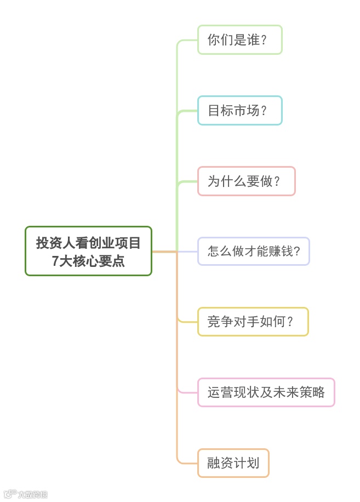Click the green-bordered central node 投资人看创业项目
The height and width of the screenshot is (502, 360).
pos(88,251)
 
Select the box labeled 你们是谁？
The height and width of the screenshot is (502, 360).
pos(239,39)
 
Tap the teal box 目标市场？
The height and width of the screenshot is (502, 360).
pos(239,110)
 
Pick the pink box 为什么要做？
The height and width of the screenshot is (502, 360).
pos(246,181)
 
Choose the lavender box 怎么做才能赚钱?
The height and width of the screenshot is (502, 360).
pos(253,252)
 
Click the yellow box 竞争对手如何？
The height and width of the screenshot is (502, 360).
pos(253,322)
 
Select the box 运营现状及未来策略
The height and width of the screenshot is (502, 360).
pos(266,392)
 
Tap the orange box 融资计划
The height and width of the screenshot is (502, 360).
pos(233,463)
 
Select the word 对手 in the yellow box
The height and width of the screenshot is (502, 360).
pos(247,322)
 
